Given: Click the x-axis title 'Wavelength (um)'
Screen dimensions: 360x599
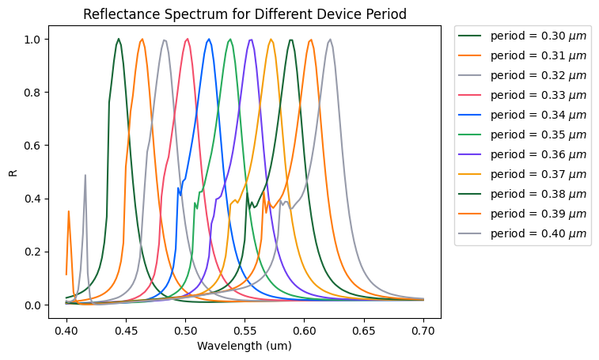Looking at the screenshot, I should coord(245,346).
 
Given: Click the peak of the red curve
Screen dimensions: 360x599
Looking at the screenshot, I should coord(188,39).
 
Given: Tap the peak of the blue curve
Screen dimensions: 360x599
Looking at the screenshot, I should coord(209,39).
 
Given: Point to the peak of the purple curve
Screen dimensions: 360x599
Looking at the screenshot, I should coord(251,40).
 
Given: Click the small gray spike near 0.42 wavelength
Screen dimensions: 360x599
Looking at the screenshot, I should coord(85,176).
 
